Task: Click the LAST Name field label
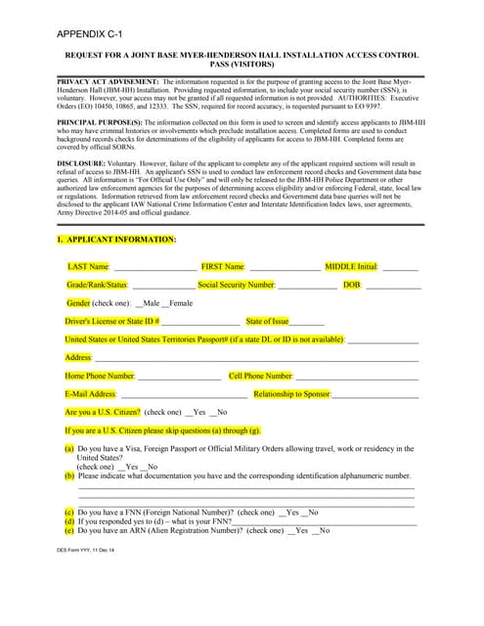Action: click(88, 266)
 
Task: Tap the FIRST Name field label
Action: click(222, 266)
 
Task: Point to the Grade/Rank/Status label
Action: click(97, 285)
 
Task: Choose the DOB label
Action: click(351, 285)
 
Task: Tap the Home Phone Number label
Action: click(99, 376)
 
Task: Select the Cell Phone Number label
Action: click(260, 376)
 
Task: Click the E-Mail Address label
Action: click(90, 394)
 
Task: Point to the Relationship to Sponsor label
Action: click(291, 394)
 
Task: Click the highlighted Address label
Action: click(78, 358)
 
